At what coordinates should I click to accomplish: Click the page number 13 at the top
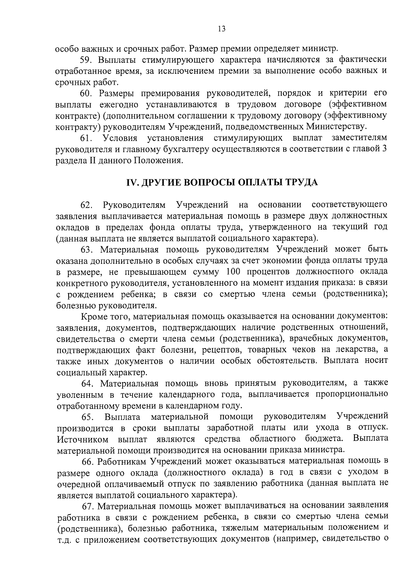click(221, 29)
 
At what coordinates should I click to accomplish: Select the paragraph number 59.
click(86, 60)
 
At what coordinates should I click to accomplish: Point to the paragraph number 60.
click(86, 93)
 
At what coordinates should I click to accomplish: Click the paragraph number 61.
click(86, 138)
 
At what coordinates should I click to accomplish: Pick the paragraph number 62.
click(86, 205)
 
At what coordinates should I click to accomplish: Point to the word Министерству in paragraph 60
click(335, 127)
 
